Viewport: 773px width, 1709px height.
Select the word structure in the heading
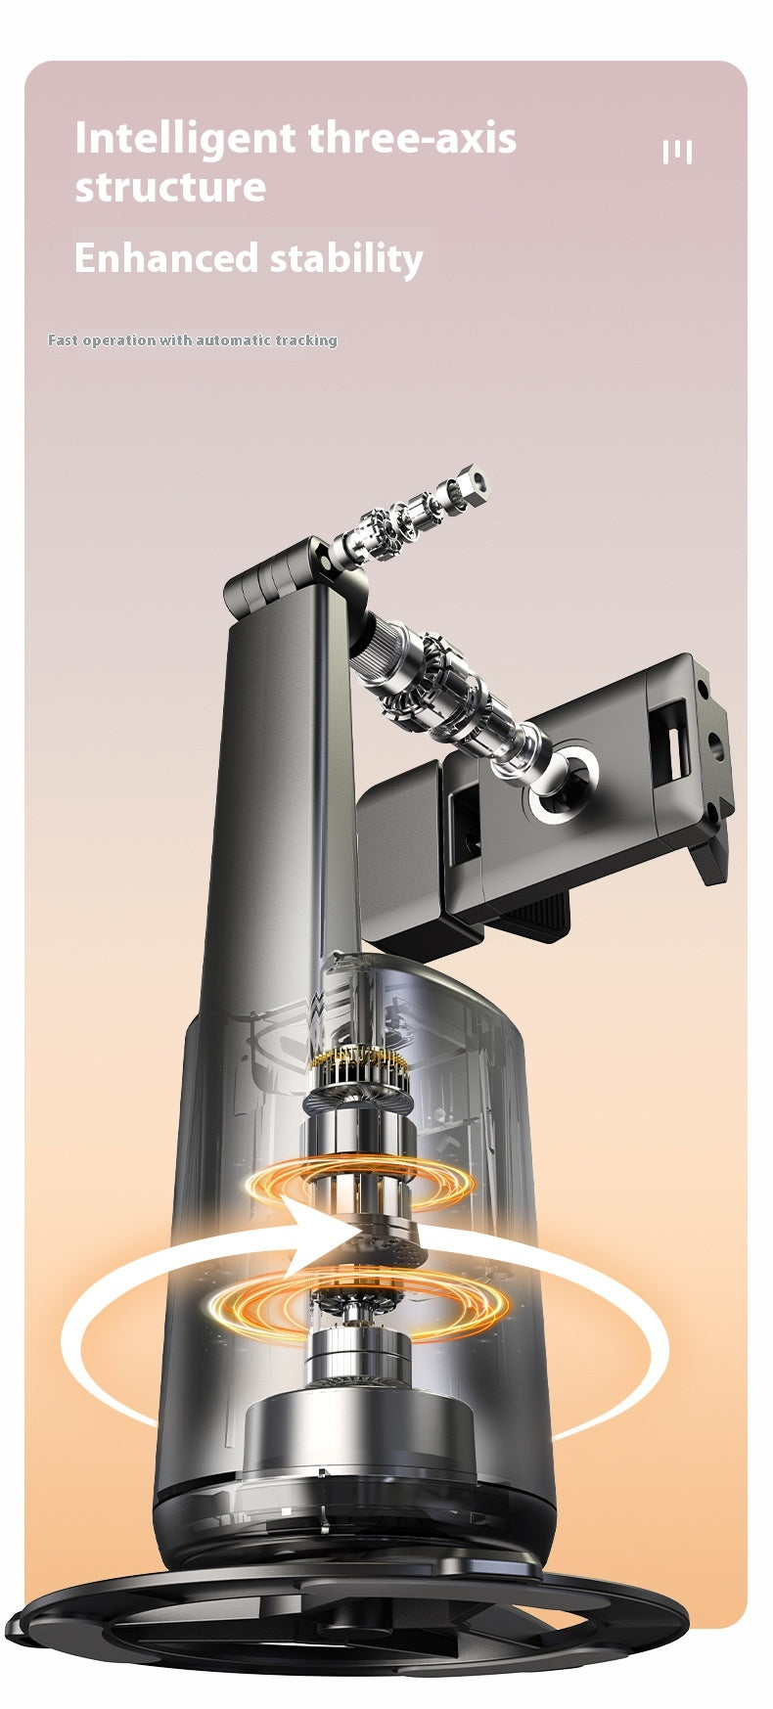click(170, 187)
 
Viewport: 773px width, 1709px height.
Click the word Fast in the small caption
click(63, 340)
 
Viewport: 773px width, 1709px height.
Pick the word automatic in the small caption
click(233, 340)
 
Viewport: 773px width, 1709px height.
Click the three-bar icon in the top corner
click(677, 152)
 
